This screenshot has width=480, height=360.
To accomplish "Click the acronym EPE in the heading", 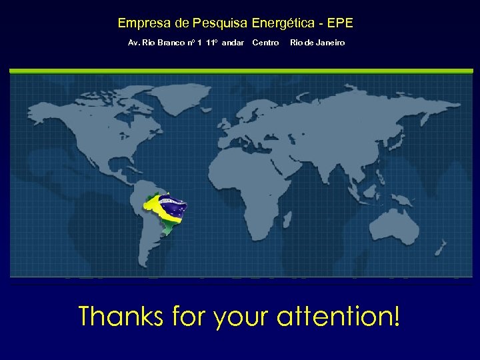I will (341, 23).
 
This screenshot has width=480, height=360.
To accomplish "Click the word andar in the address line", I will (233, 43).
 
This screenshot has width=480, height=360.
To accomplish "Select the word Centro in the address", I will (265, 43).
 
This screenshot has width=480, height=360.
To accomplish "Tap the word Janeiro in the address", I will (330, 43).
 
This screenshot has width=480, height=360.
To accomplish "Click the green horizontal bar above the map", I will (240, 69).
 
